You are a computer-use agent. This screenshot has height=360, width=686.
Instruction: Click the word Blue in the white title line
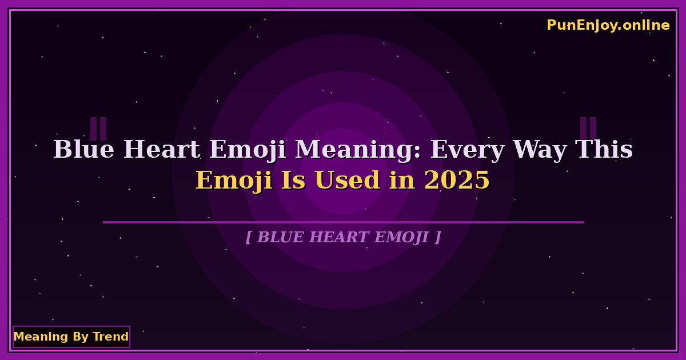click(84, 150)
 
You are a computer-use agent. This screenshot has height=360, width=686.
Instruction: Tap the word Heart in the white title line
click(162, 150)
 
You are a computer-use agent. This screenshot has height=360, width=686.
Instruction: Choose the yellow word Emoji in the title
click(234, 181)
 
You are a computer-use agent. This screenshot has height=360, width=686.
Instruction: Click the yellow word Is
click(293, 181)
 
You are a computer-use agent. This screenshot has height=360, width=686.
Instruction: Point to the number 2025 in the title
click(457, 181)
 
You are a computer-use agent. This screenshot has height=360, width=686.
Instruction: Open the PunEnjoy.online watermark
click(608, 25)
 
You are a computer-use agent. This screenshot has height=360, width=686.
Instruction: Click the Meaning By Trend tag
click(71, 337)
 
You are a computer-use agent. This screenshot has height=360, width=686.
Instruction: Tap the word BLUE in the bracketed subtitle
click(281, 237)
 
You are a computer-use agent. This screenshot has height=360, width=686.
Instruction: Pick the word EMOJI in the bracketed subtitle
click(401, 238)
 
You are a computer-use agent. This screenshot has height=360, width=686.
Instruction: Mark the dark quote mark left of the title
click(98, 129)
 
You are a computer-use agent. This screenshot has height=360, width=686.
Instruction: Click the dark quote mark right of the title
click(588, 129)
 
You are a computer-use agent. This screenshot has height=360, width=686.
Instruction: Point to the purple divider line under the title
click(343, 222)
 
